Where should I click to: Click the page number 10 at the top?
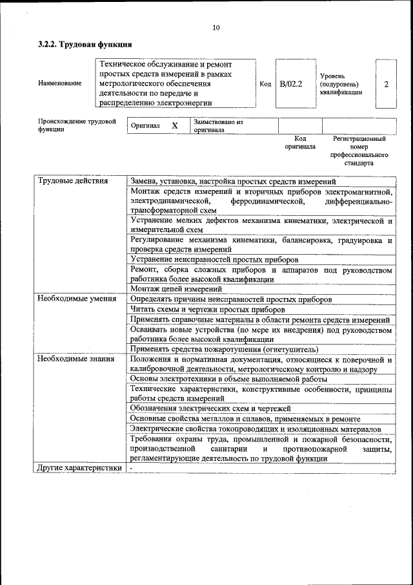216,27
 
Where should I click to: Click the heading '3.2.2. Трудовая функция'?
85,45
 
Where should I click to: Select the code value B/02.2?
291,84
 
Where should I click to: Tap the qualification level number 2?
386,84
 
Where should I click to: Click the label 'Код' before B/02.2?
265,84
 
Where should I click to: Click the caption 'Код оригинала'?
300,142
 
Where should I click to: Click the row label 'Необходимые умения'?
76,299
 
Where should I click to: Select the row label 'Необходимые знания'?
76,359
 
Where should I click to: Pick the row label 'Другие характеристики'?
79,468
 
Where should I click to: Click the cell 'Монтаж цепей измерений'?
176,289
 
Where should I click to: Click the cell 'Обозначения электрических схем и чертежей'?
210,409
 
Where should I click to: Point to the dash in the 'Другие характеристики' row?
131,468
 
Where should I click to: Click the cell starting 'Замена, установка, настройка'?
233,182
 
